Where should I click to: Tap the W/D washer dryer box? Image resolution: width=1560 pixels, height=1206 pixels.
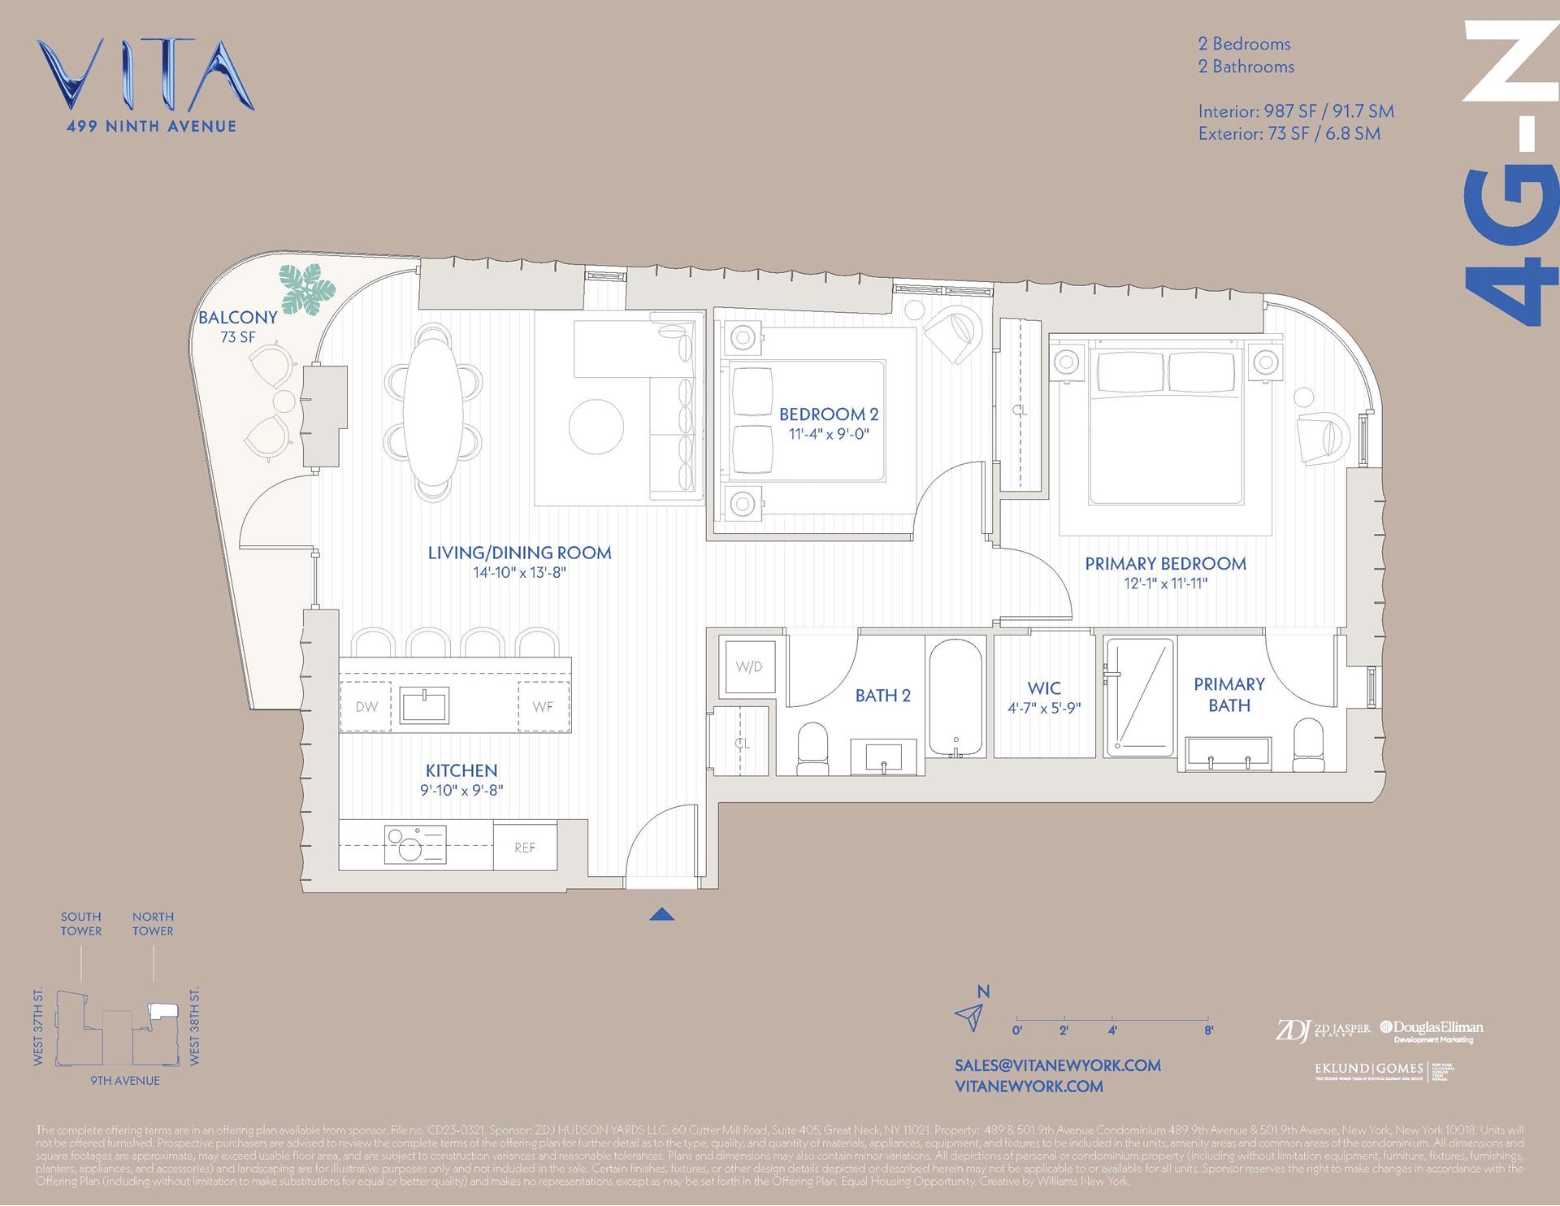coord(748,666)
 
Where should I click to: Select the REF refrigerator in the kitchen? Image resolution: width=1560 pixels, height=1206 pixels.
coord(525,848)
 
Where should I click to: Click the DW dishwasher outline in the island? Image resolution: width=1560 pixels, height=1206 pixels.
coord(366,706)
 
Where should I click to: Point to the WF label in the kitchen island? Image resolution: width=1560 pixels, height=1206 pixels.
coord(543,706)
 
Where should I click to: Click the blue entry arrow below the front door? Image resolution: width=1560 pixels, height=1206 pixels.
coord(662,914)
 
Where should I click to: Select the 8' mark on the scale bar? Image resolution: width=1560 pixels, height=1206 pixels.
coord(1208,1030)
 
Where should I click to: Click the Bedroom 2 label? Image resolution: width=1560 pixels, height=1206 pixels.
coord(829,414)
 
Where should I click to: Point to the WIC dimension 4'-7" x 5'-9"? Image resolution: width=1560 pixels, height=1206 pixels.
coord(1044,708)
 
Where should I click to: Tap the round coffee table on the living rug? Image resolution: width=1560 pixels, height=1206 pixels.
coord(596,427)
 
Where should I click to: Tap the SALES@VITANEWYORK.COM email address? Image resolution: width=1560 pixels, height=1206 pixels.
coord(1057,1065)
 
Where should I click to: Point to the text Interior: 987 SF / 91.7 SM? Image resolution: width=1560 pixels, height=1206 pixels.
coord(1295,111)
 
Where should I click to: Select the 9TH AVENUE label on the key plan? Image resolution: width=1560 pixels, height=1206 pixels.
coord(124,1080)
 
